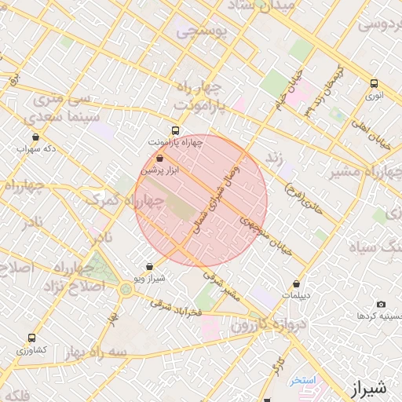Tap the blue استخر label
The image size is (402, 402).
(x=301, y=380)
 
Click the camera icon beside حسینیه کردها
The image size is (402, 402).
(x=381, y=305)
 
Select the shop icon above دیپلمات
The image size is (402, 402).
(x=296, y=284)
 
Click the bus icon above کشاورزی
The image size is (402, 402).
(x=31, y=338)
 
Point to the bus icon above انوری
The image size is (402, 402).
(x=375, y=83)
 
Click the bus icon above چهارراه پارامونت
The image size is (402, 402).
(x=175, y=131)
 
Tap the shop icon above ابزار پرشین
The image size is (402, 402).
(x=160, y=159)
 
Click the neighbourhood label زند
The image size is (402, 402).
(x=274, y=157)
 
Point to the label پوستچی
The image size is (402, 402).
(x=201, y=32)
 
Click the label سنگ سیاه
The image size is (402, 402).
(x=377, y=248)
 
